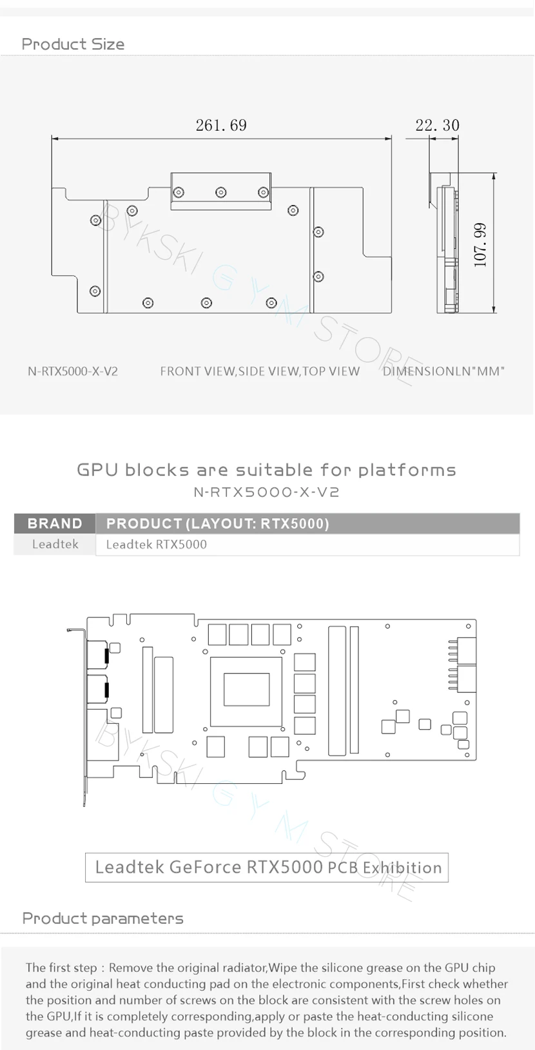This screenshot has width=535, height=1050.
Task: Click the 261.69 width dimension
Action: coord(221,125)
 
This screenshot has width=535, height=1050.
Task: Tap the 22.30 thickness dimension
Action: coord(437,125)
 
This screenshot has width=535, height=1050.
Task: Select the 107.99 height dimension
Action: coord(480,245)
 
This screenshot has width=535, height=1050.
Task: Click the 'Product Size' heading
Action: coord(73,44)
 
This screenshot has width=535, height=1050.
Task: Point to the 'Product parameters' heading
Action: coord(102,919)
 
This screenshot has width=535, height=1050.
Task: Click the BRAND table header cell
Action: coord(55,523)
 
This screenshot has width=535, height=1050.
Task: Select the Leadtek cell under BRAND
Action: coord(55,545)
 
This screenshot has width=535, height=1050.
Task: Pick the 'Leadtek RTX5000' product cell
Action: coord(157,545)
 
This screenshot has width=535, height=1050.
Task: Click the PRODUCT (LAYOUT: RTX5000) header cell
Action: coord(217,523)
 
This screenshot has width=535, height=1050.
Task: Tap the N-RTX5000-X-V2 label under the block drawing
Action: coord(73,371)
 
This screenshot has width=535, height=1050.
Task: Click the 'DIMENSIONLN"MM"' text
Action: coord(443,371)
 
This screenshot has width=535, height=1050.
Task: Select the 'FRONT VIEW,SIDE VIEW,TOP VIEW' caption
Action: coord(260,371)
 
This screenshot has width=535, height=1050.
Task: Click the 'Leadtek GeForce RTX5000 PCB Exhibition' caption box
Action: coord(267,867)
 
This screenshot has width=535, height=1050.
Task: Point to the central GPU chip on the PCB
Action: coord(246,689)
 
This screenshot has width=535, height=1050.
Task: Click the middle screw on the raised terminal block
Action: coord(221,192)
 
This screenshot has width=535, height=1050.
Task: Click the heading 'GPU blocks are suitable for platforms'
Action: coord(267,470)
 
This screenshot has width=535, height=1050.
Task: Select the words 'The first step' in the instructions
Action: coord(61,967)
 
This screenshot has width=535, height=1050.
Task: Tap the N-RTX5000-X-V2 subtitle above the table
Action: coord(267,492)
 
